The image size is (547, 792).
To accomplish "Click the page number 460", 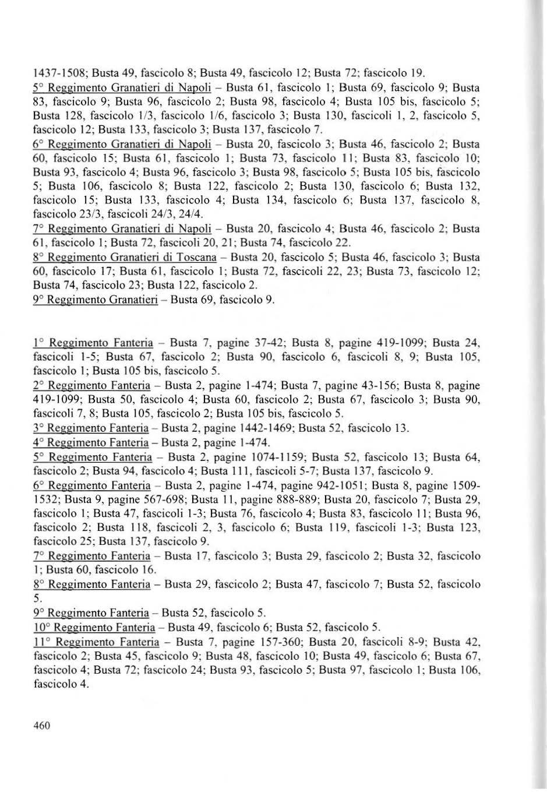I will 42,726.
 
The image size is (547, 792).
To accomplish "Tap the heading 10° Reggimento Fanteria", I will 94,628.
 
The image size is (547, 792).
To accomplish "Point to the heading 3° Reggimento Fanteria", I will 91,428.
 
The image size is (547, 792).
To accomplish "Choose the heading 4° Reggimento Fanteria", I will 91,442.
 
